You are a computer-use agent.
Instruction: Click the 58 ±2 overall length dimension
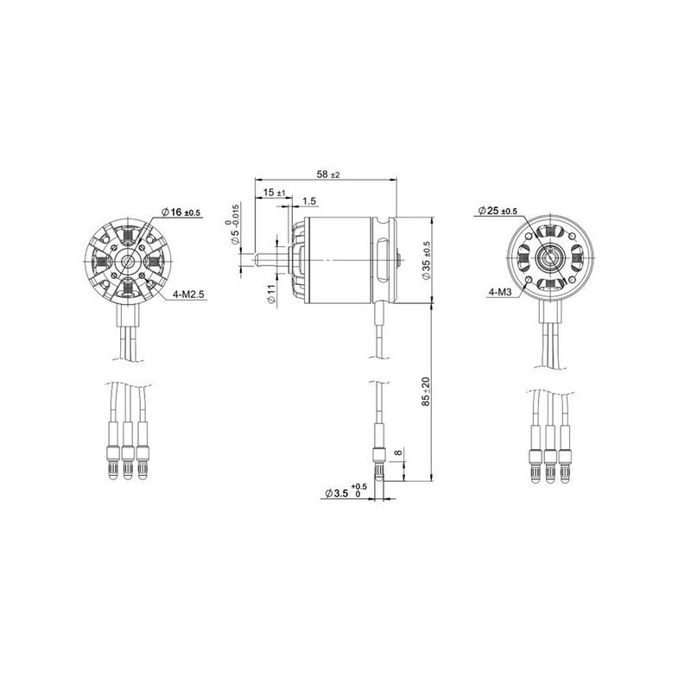coord(328,174)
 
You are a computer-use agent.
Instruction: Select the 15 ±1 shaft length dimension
coord(275,192)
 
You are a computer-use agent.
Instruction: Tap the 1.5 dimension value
coord(310,200)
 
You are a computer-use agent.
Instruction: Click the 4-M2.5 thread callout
coord(189,295)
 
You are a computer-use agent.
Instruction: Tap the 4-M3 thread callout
coord(500,293)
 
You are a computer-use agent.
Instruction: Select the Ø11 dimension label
coord(270,294)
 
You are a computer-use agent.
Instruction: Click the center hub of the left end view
coord(129,260)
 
